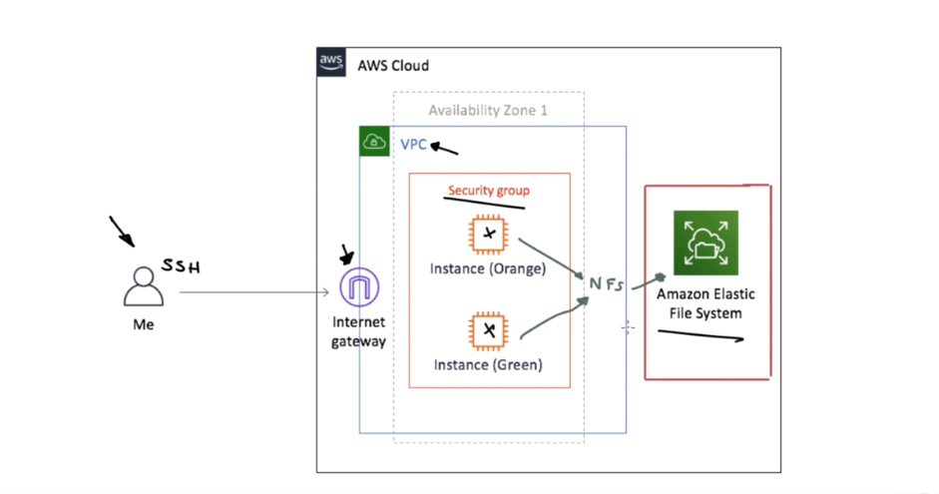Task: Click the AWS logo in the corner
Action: (331, 62)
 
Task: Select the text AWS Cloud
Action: (393, 66)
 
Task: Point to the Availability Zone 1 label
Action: (488, 111)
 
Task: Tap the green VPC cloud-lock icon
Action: (374, 142)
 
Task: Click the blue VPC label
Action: (413, 145)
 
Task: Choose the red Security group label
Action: (488, 190)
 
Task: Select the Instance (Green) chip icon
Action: (488, 330)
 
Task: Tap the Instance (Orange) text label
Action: (488, 268)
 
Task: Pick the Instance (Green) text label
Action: (488, 364)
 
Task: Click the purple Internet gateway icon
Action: (359, 287)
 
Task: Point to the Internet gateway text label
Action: (359, 331)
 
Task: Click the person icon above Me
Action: (144, 286)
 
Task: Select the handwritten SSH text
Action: (181, 266)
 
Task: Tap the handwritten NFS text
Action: (606, 284)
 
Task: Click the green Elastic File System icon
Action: (705, 243)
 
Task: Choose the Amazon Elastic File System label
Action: (705, 303)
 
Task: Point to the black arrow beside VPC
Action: (444, 150)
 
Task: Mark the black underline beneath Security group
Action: (483, 203)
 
